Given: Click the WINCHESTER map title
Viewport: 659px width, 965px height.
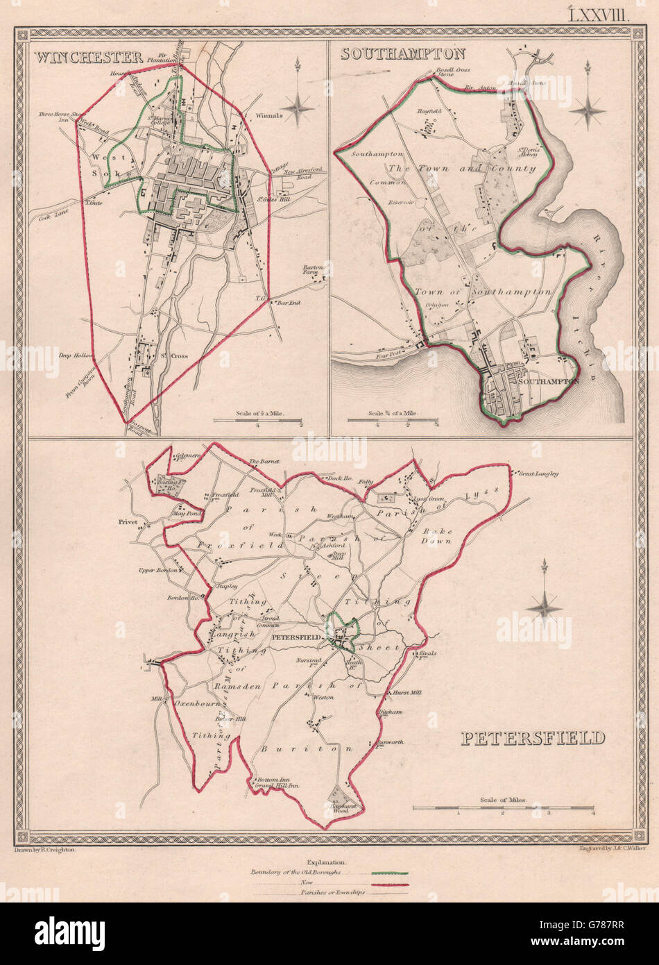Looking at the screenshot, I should tap(87, 57).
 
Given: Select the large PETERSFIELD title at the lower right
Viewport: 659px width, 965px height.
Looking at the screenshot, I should tap(533, 737).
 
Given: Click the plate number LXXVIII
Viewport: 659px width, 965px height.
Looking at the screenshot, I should tap(599, 15).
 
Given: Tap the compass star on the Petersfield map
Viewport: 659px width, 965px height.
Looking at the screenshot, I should tap(544, 607).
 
